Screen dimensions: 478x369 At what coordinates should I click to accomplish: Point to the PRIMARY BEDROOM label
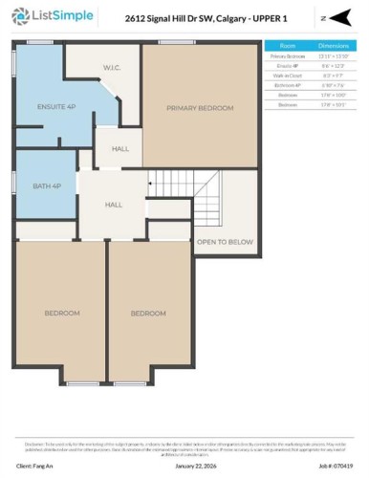(x=200, y=108)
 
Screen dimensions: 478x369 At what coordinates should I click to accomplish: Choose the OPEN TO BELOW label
(x=226, y=242)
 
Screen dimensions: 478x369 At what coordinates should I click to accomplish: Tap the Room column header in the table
(x=288, y=45)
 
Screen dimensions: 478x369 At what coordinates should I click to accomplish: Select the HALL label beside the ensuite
(x=120, y=149)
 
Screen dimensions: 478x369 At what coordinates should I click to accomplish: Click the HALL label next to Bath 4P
(x=114, y=205)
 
